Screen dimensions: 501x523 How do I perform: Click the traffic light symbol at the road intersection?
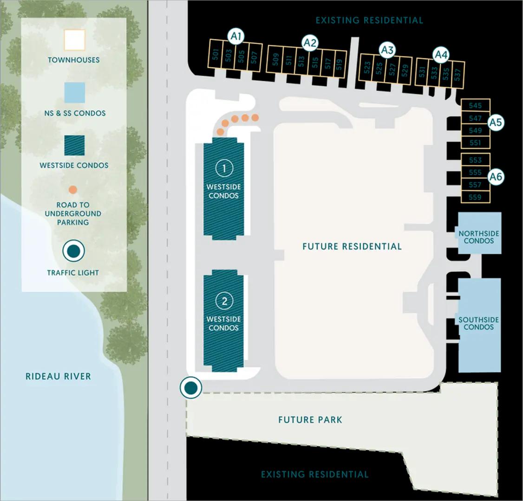(x=191, y=388)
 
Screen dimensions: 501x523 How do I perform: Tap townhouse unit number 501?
(x=215, y=55)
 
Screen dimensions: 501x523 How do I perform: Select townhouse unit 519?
(x=340, y=64)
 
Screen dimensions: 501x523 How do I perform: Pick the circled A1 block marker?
(x=236, y=36)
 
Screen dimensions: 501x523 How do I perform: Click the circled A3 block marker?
(x=387, y=50)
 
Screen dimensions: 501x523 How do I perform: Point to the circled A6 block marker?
(x=496, y=177)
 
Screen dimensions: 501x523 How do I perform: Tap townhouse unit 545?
(x=475, y=106)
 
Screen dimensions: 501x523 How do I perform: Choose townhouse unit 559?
(x=475, y=197)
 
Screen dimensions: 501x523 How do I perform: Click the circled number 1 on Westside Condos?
(x=224, y=168)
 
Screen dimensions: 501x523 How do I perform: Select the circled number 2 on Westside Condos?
(x=224, y=301)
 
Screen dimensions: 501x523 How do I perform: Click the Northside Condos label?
(x=479, y=237)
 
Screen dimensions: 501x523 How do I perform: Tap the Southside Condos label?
(x=479, y=323)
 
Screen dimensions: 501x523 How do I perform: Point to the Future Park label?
(x=310, y=420)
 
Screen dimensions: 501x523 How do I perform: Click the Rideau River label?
(x=58, y=376)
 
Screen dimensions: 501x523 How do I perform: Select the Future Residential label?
(x=352, y=246)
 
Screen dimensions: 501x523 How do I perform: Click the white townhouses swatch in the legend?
(x=74, y=40)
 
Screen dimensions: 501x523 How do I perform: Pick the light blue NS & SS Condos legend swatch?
(x=74, y=93)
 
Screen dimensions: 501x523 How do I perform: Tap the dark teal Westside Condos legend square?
(x=74, y=145)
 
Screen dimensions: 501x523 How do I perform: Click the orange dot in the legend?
(x=73, y=190)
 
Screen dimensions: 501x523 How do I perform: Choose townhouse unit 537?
(x=458, y=74)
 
